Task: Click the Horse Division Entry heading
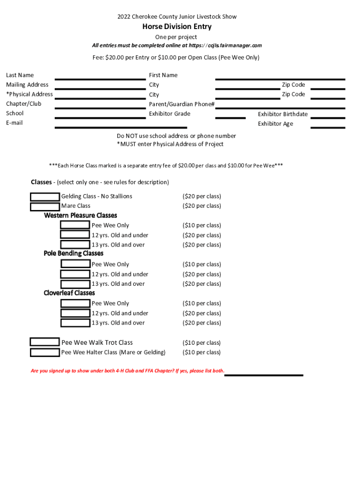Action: (177, 27)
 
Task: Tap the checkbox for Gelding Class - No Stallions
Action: (45, 196)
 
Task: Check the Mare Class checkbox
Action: (45, 206)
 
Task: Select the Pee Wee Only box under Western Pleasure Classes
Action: (75, 225)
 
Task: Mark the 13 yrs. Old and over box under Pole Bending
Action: (75, 284)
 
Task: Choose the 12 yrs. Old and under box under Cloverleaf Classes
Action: (75, 313)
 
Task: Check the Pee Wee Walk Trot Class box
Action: (44, 342)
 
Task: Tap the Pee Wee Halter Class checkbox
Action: (45, 352)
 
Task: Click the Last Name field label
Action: (20, 75)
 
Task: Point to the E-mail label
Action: (14, 123)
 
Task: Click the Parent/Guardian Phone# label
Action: (181, 104)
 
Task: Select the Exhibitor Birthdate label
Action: (282, 114)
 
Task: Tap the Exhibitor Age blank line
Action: (327, 127)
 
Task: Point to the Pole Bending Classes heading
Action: (73, 254)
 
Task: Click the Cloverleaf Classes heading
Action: (69, 293)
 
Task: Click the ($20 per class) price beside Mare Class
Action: (202, 206)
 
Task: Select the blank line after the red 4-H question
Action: (264, 374)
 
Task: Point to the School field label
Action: (14, 114)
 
